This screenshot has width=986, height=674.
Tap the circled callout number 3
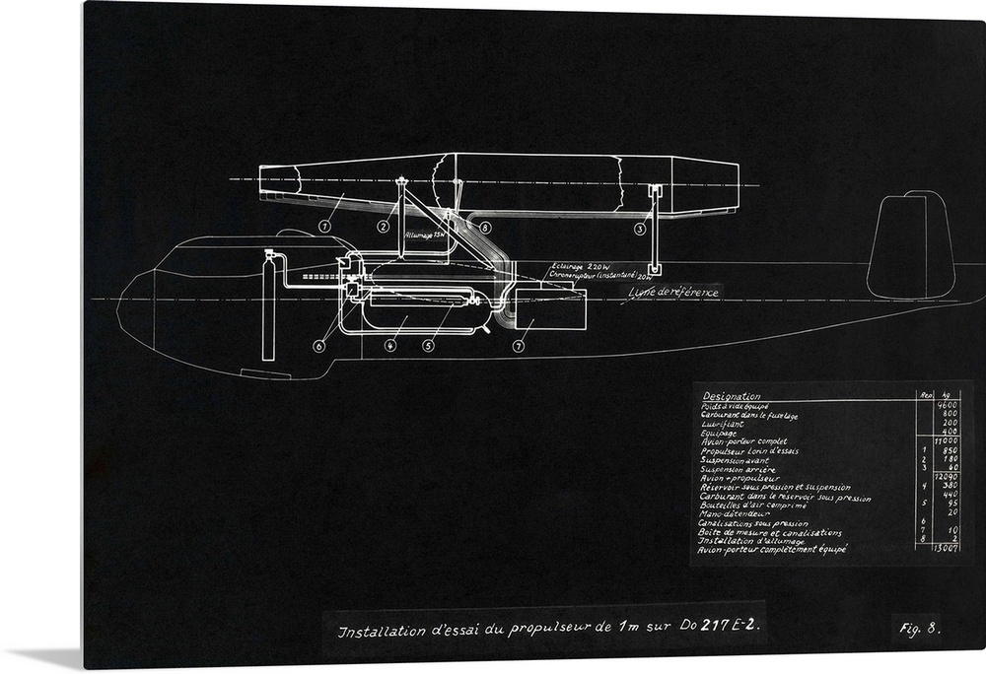[x=639, y=229]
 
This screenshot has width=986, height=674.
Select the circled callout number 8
[x=486, y=228]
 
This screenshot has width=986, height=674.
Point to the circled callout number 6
[x=319, y=345]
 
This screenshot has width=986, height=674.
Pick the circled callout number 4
[x=391, y=345]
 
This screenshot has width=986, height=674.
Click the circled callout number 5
[x=428, y=345]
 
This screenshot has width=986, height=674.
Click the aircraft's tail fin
[x=910, y=246]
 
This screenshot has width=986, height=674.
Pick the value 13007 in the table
[x=947, y=549]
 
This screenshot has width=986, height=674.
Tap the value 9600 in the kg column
[x=947, y=405]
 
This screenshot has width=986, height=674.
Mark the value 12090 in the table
[x=947, y=477]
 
